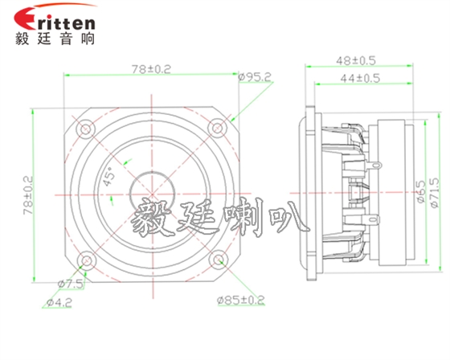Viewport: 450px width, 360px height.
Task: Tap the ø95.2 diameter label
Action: [255, 78]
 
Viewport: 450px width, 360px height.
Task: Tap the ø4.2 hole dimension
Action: [59, 303]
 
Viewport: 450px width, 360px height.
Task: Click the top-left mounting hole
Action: [84, 128]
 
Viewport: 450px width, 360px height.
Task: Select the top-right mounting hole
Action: [217, 128]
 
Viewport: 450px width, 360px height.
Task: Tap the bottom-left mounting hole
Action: [84, 260]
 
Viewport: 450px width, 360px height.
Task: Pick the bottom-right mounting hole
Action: [217, 260]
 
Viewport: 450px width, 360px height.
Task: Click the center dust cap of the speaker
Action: [151, 194]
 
